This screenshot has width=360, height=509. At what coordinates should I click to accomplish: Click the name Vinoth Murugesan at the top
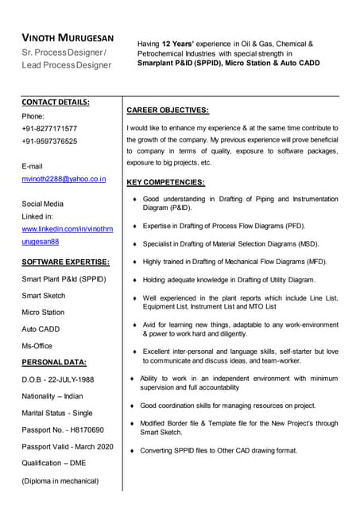pyautogui.click(x=68, y=38)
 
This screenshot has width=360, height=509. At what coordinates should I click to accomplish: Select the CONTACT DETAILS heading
pyautogui.click(x=55, y=102)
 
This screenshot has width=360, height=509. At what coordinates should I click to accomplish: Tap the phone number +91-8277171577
pyautogui.click(x=49, y=128)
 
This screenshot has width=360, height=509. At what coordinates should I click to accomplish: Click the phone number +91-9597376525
pyautogui.click(x=49, y=141)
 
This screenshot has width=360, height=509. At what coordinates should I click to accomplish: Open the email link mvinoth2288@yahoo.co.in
pyautogui.click(x=64, y=180)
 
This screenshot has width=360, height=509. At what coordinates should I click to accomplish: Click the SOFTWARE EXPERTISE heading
pyautogui.click(x=65, y=262)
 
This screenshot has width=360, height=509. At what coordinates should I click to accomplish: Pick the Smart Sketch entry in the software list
pyautogui.click(x=44, y=295)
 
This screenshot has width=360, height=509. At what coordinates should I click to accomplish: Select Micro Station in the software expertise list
pyautogui.click(x=43, y=312)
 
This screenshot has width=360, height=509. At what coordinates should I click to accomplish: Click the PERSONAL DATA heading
pyautogui.click(x=54, y=362)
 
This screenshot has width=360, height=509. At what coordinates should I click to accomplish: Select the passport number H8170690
pyautogui.click(x=87, y=429)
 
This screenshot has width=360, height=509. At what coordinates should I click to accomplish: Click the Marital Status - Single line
pyautogui.click(x=57, y=413)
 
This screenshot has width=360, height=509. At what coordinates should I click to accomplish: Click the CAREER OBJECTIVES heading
pyautogui.click(x=168, y=110)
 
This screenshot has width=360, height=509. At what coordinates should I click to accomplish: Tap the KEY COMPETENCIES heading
pyautogui.click(x=165, y=182)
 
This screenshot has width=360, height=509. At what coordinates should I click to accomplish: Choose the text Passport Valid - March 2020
pyautogui.click(x=68, y=446)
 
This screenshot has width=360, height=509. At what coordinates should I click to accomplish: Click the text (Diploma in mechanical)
pyautogui.click(x=60, y=480)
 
